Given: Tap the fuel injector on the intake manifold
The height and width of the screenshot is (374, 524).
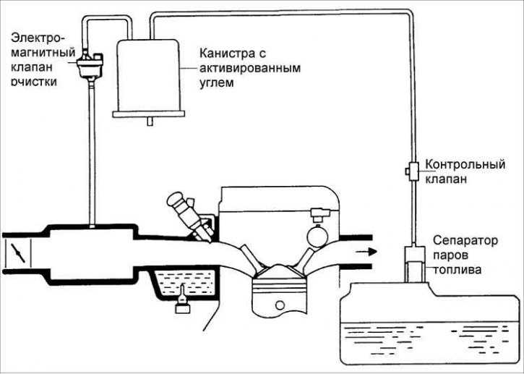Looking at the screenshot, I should (190, 216).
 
